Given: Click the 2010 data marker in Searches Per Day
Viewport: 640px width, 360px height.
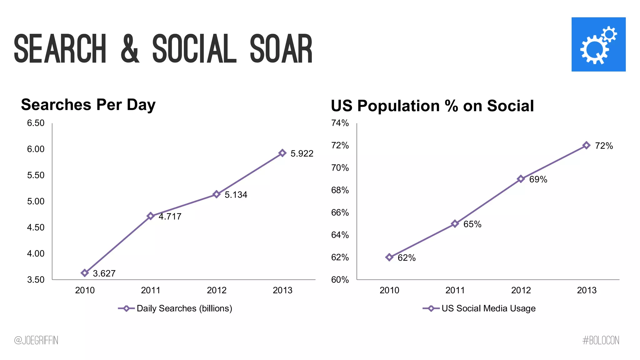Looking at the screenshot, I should [x=84, y=273].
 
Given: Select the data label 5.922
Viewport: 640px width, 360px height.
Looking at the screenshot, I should [x=302, y=153].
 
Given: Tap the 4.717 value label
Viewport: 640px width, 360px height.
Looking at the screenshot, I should [x=170, y=216].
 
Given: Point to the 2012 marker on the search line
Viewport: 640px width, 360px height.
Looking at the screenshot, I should [x=216, y=194].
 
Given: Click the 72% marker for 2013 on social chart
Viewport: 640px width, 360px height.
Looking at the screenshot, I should [x=586, y=145].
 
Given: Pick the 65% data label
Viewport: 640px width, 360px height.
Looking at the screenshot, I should [x=472, y=224].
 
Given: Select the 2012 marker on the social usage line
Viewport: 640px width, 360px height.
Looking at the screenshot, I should [x=521, y=179].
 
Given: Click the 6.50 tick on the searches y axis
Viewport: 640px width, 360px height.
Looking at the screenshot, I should [x=36, y=123].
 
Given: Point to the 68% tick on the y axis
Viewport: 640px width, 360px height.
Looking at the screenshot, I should [x=340, y=190].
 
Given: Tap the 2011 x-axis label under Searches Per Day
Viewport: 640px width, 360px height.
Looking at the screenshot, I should [x=150, y=290].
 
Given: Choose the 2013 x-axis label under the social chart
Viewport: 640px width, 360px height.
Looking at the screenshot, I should [x=586, y=290].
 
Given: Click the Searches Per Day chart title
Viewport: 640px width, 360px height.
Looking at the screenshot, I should [x=88, y=104].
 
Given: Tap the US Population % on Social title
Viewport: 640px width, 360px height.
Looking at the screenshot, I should [x=432, y=106].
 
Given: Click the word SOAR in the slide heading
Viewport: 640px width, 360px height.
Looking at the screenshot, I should [x=281, y=49].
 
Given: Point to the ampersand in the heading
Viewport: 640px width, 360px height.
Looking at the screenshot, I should [x=129, y=49].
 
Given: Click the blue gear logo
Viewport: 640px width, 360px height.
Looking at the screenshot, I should [x=598, y=44].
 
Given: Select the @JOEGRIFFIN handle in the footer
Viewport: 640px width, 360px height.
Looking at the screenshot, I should [x=36, y=340].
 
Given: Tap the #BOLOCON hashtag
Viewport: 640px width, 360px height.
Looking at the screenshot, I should [x=601, y=340].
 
